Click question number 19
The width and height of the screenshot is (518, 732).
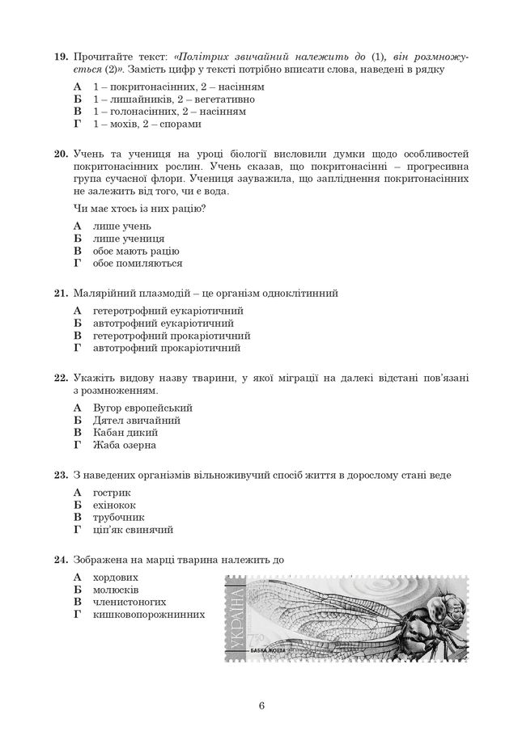[60, 57]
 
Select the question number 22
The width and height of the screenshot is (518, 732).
[60, 378]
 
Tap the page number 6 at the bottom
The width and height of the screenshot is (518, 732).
[262, 704]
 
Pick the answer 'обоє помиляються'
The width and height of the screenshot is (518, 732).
[137, 263]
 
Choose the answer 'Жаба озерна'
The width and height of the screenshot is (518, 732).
[125, 445]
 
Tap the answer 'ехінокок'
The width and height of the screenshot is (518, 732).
[117, 506]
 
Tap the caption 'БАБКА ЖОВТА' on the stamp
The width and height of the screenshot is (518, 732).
[273, 650]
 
